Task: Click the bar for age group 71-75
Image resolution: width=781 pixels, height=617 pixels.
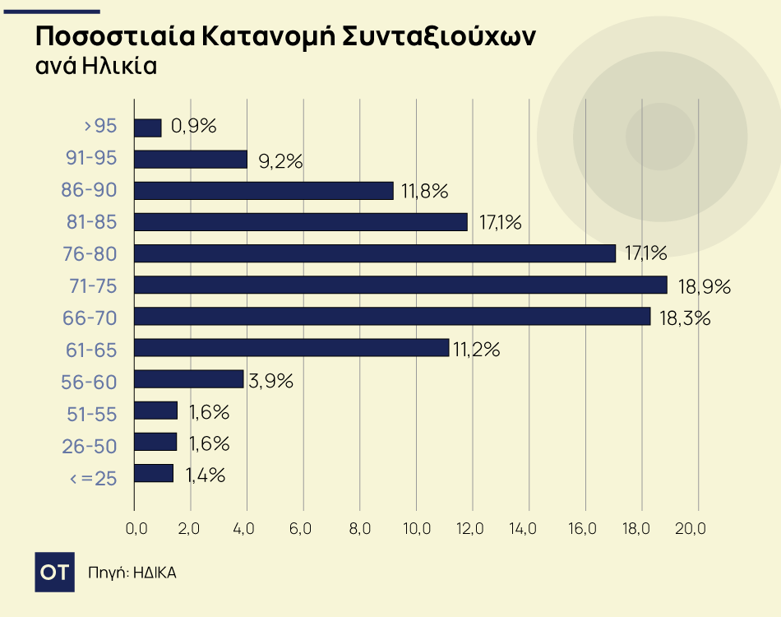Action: click(x=400, y=285)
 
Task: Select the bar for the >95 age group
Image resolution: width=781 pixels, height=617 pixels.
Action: click(x=147, y=128)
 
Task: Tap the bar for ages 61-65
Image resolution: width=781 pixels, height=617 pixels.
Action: click(x=291, y=348)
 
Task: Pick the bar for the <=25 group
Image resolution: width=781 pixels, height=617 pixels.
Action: click(x=154, y=473)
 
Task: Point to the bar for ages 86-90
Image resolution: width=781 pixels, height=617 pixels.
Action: click(x=263, y=191)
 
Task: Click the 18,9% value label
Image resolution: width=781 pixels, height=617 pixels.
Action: click(x=705, y=287)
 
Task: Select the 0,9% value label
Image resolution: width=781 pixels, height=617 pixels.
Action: click(x=193, y=127)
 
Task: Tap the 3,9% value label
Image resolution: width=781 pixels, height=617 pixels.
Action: click(x=270, y=381)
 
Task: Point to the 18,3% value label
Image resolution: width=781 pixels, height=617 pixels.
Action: click(x=685, y=318)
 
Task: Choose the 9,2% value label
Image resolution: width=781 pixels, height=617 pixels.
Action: click(x=280, y=161)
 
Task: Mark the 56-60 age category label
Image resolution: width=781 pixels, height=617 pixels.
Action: click(x=90, y=382)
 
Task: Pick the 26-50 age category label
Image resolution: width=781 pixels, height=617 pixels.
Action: click(x=90, y=446)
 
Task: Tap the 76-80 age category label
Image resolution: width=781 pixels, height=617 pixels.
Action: click(x=90, y=254)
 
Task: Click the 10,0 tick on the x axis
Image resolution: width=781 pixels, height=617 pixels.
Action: click(x=417, y=527)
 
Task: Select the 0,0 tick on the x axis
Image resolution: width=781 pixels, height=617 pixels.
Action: click(x=135, y=527)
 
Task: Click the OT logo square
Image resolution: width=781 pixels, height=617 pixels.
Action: click(x=55, y=573)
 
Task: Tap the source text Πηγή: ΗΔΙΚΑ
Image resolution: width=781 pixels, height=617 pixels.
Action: click(x=132, y=573)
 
